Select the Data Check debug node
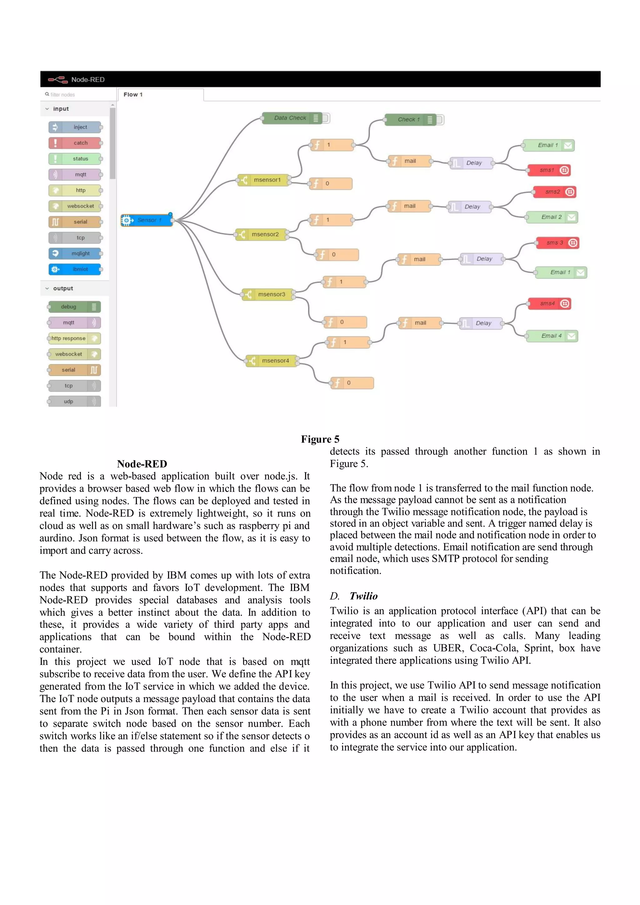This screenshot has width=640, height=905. tap(292, 118)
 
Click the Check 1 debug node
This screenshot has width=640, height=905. tap(410, 119)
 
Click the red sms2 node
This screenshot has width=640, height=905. tap(554, 192)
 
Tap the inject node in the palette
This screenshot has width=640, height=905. tap(75, 127)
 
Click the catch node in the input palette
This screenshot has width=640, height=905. tap(75, 143)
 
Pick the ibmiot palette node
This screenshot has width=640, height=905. tap(75, 269)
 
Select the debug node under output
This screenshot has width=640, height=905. tap(74, 307)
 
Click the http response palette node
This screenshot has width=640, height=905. tap(74, 338)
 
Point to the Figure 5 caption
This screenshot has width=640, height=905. tap(320, 439)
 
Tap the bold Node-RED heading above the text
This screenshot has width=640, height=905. tap(142, 464)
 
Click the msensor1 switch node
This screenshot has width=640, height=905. tap(264, 180)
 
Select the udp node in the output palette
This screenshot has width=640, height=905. tap(74, 401)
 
